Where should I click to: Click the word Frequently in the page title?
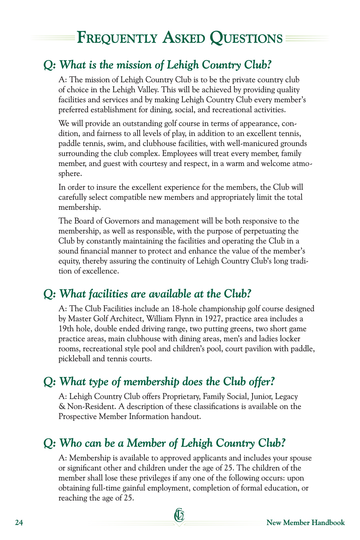tap(117, 38)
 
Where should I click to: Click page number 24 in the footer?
tap(19, 523)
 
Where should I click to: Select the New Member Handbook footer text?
tap(305, 522)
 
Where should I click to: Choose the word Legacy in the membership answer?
tap(287, 396)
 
